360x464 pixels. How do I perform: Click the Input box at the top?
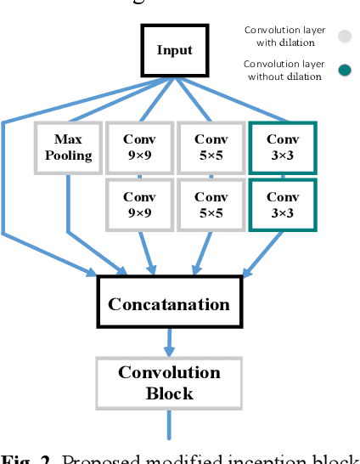(176, 50)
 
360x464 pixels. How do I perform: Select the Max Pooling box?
(68, 147)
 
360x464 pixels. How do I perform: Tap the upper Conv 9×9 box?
(139, 147)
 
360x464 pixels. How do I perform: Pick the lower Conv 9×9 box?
(139, 205)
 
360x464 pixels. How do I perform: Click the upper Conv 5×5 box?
(211, 147)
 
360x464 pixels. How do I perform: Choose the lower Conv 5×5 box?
(211, 205)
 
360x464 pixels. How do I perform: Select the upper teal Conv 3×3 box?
(282, 147)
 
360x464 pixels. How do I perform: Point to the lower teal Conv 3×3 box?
(282, 205)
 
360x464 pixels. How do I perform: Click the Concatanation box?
(169, 304)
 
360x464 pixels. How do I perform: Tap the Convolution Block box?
(169, 382)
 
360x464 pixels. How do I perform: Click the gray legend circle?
(344, 36)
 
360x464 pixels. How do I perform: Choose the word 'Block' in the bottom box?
(169, 393)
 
